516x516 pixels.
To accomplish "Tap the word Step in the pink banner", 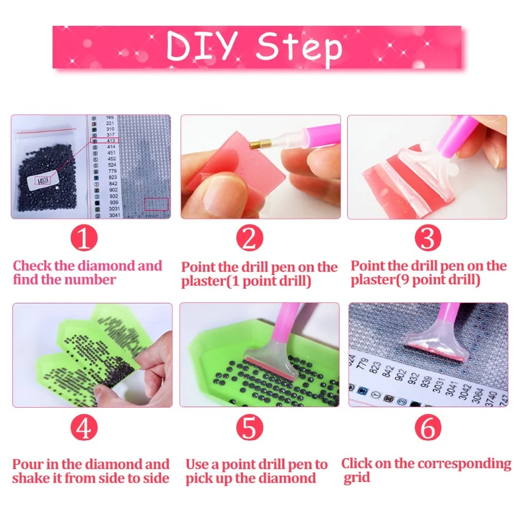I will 299,47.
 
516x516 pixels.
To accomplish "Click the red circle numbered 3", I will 428,238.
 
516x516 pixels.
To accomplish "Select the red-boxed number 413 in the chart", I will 111,139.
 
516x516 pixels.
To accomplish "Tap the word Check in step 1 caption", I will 32,266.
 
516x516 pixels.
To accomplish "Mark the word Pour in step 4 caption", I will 28,464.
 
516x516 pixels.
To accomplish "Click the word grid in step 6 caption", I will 356,477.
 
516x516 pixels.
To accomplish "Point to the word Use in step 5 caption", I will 197,464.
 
